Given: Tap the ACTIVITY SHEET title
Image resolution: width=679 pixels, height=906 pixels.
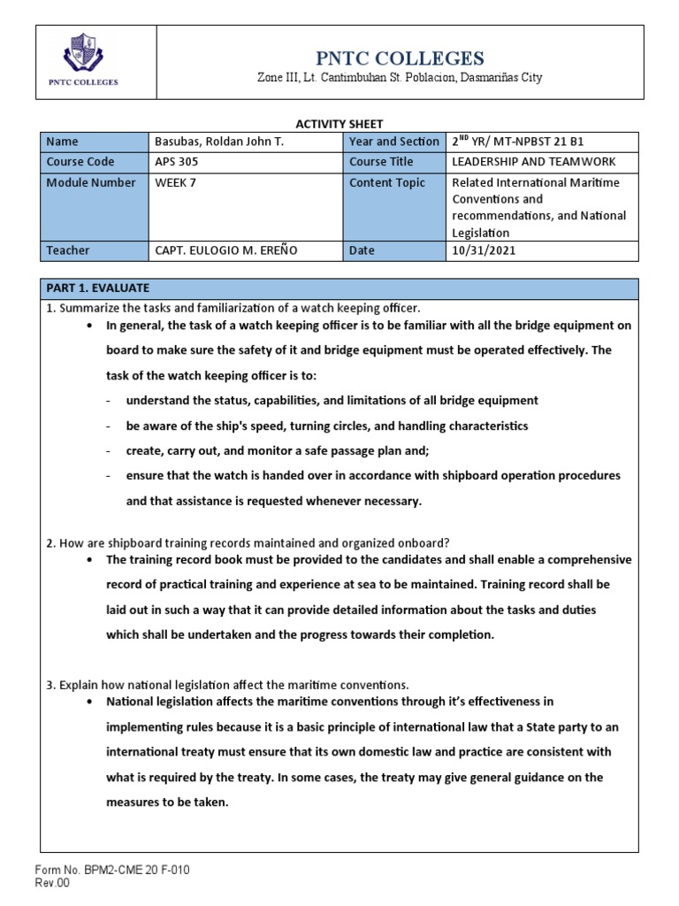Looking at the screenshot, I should point(339,124).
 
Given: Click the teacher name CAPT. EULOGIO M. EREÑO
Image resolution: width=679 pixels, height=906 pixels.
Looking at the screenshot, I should point(225,250).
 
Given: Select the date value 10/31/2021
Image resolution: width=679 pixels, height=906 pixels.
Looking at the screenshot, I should point(483,250).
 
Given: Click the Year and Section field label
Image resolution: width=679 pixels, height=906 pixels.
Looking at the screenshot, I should point(393,142).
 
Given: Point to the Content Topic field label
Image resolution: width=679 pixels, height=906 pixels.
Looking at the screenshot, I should point(387,182).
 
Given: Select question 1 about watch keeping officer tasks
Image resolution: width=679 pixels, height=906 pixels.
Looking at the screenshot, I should point(232,307).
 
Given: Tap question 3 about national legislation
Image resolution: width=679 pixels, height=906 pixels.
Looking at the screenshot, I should point(226,684).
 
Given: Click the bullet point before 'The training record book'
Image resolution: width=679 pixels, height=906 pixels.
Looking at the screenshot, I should point(93,560).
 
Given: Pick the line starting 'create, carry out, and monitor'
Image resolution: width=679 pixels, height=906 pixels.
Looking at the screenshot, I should point(270,451).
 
